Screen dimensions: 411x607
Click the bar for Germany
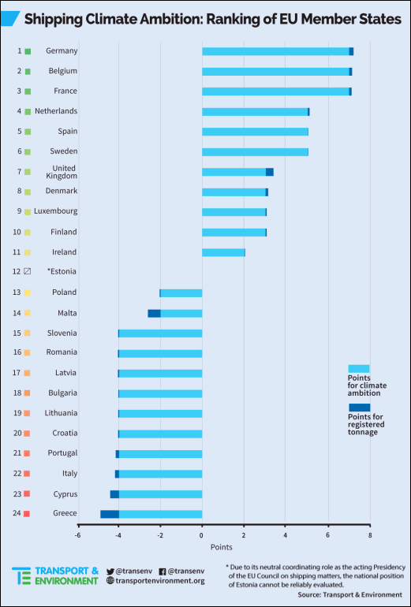click(278, 51)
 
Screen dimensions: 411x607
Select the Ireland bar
click(223, 252)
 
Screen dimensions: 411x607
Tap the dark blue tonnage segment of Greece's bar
click(110, 514)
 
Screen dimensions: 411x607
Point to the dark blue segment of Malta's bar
click(154, 313)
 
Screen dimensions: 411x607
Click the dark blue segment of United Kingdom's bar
click(270, 172)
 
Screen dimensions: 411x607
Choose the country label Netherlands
click(56, 111)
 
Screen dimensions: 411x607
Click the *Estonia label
click(62, 271)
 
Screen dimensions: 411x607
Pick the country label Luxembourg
click(56, 211)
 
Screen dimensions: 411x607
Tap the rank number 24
click(17, 513)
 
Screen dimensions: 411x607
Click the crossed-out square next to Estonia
click(27, 271)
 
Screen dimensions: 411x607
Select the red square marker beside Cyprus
click(27, 493)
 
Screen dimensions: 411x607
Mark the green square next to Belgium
click(28, 71)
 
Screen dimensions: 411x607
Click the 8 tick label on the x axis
click(370, 535)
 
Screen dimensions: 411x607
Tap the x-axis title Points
click(222, 547)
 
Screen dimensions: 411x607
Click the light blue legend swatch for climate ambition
click(359, 369)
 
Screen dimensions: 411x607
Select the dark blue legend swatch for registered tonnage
click(359, 408)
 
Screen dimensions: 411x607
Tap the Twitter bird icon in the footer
click(110, 572)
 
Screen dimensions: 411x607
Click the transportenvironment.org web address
click(159, 581)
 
